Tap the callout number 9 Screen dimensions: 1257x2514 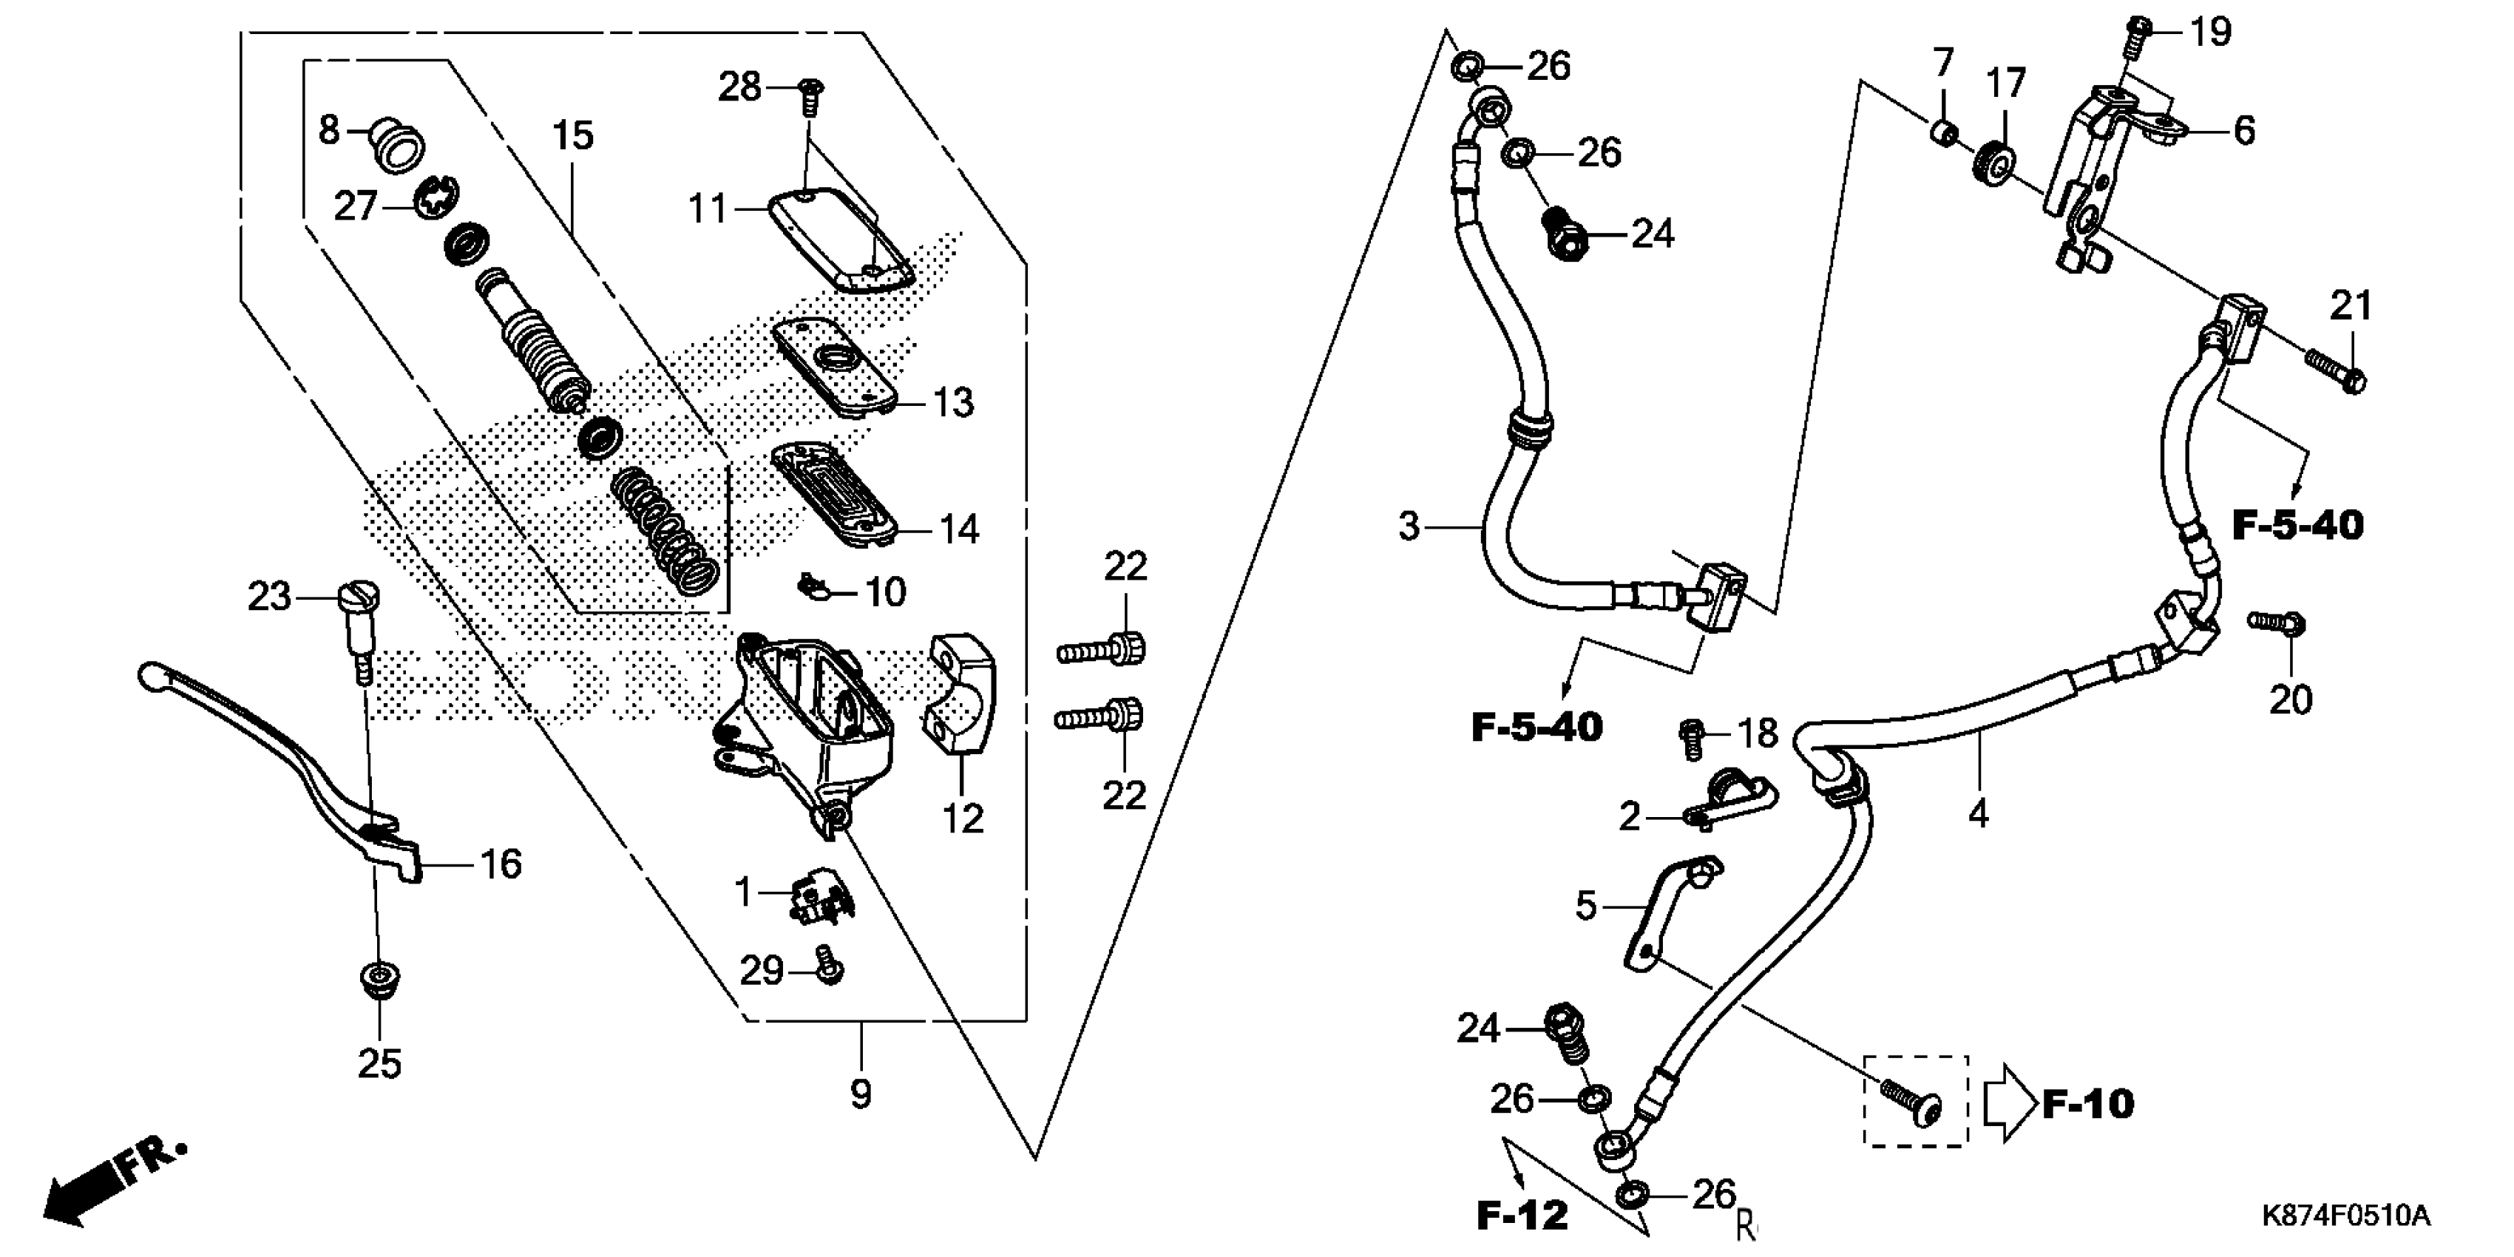point(860,1094)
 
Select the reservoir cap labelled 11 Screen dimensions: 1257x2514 point(841,239)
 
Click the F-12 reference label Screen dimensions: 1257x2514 point(1522,1215)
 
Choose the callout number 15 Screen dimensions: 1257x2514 point(573,135)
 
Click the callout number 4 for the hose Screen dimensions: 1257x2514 point(1978,812)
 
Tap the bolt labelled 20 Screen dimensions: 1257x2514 point(2276,623)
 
